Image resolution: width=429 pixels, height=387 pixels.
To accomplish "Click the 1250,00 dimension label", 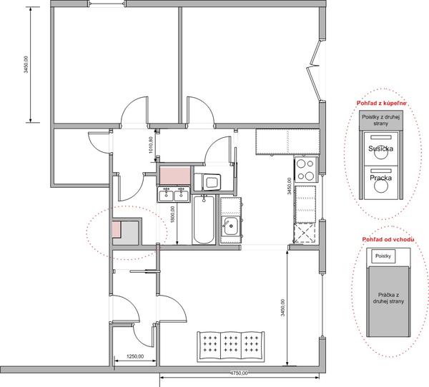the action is pos(135,356).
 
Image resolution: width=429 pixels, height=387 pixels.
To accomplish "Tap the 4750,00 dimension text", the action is pos(239,373).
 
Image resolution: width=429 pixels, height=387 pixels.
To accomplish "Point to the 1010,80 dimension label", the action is pos(151,145).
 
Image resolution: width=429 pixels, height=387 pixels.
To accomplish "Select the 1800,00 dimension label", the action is pos(172,214).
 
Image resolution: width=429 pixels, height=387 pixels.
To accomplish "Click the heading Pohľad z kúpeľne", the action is pos(381,104).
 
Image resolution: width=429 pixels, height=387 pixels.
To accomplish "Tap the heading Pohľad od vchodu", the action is pos(388,240).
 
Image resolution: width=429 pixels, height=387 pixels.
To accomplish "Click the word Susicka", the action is pos(380,149).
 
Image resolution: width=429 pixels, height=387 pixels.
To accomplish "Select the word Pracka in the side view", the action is pos(380,178).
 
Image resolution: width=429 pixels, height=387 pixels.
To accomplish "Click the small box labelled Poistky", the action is pos(383,256).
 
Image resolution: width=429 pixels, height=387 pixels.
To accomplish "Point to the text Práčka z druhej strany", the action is pos(388,298).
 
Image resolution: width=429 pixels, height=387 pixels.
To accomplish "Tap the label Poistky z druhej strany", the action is pos(381,120).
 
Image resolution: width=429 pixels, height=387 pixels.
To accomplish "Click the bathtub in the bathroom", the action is pos(204,219).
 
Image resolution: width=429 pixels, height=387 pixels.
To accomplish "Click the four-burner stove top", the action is pos(306,169).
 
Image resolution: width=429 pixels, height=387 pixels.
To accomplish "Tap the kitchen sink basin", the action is pos(230,226).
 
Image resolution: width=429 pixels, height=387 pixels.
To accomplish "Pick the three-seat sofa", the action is pos(231,346).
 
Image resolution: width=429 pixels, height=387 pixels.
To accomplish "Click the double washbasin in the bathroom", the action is pos(173,194).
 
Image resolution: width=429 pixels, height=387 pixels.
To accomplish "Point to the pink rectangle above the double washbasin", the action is pos(175,176).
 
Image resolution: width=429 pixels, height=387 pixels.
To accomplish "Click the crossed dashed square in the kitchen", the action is pos(305,233).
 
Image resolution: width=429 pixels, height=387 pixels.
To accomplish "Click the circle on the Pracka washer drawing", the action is pos(381,186).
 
